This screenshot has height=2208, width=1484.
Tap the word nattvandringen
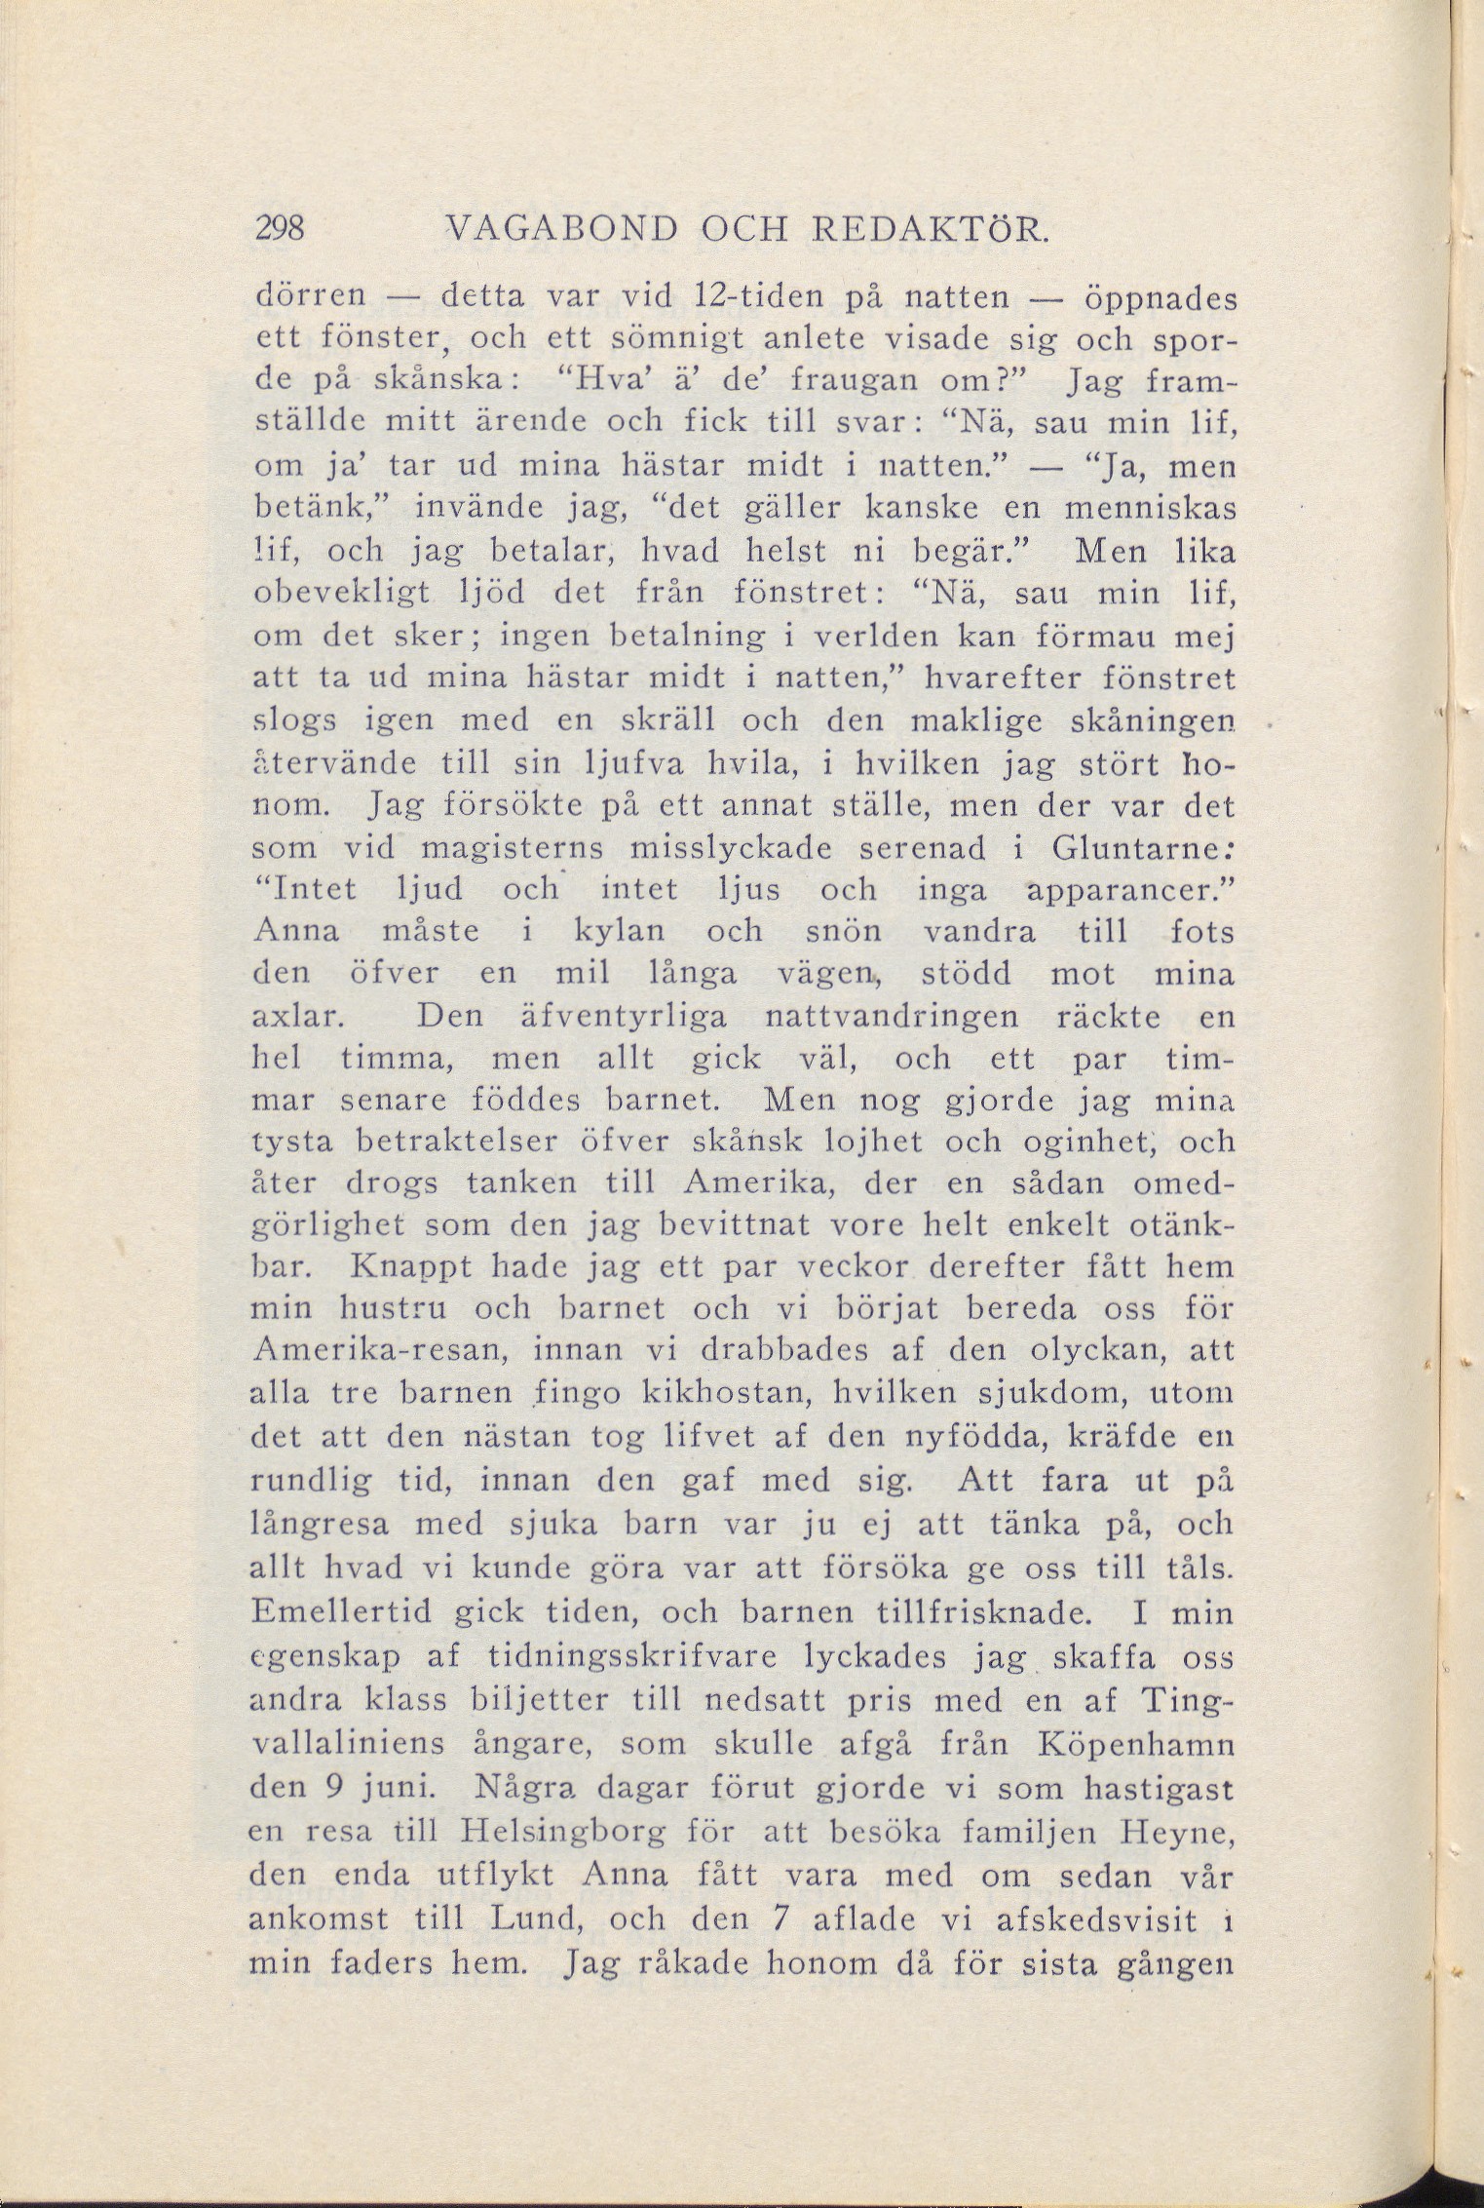[x=893, y=1017]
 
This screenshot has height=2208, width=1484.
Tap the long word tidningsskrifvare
[x=654, y=1655]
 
